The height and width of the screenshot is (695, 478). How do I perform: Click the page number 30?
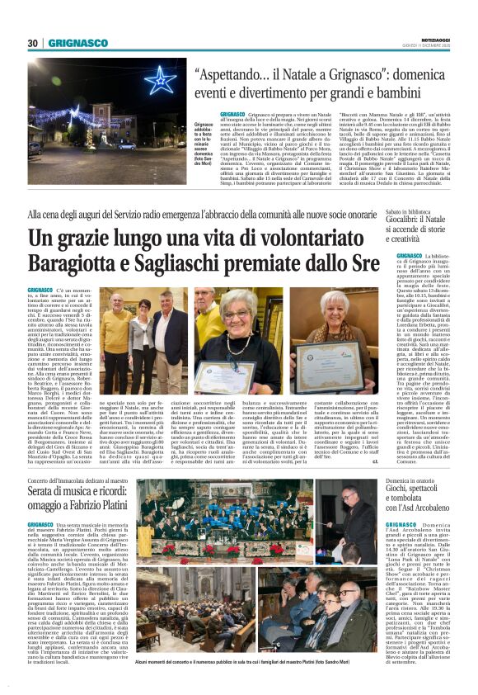pos(33,43)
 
